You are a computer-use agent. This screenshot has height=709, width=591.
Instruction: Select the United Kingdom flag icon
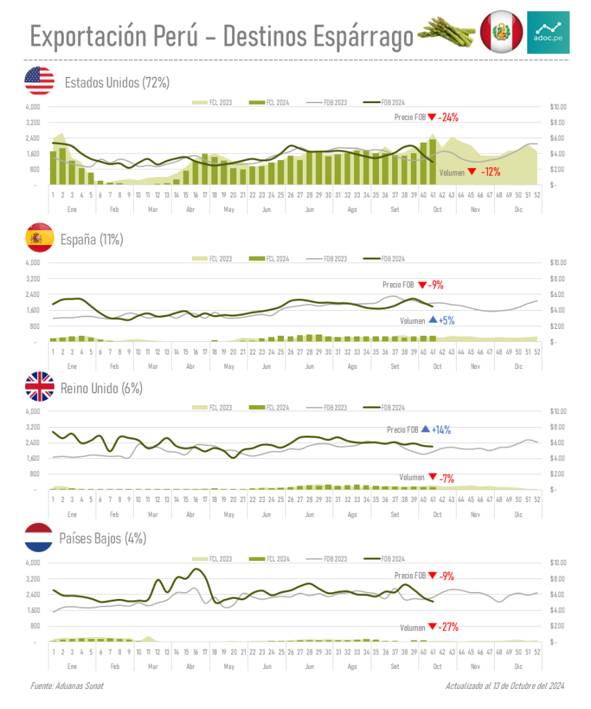(39, 387)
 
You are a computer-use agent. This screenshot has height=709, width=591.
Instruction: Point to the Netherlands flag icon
(39, 538)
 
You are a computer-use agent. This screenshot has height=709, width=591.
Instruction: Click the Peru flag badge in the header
(500, 32)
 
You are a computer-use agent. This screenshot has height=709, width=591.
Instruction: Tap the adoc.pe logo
(548, 32)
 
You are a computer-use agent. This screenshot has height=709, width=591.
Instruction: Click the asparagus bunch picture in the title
(446, 31)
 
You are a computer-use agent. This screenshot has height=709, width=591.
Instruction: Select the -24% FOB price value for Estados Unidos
(448, 117)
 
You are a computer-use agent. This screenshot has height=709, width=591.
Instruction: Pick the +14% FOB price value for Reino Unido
(441, 430)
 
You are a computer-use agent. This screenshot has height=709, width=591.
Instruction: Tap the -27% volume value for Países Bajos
(448, 627)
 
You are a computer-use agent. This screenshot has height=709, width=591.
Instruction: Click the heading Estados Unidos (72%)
(116, 83)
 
